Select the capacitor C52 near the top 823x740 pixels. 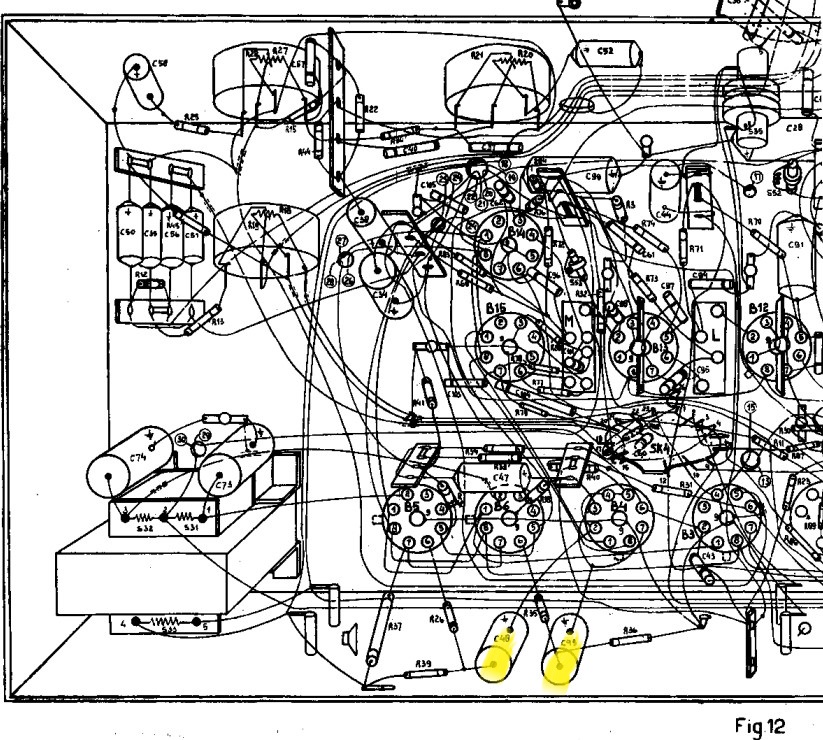pos(604,51)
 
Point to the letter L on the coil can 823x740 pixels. pos(716,334)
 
